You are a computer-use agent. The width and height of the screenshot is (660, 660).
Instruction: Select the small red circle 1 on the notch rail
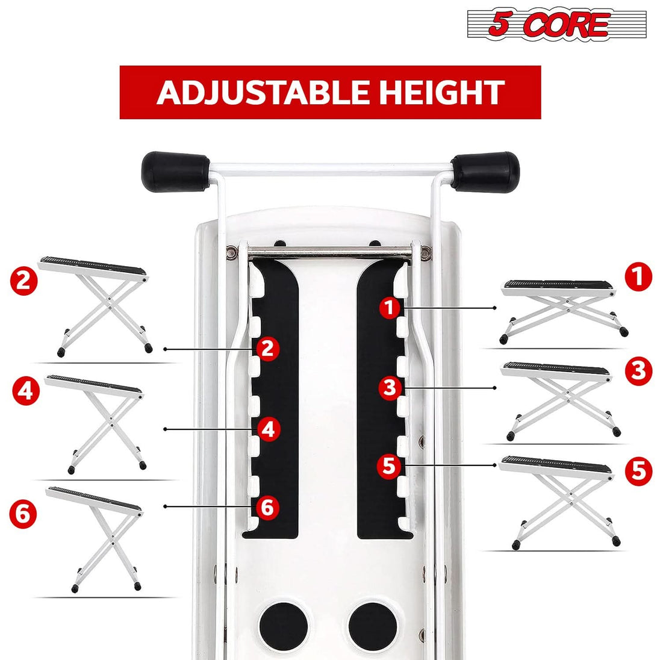[390, 307]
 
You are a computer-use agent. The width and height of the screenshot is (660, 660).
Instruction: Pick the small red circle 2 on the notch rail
[267, 349]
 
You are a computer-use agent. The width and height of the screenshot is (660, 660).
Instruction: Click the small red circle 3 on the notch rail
[390, 387]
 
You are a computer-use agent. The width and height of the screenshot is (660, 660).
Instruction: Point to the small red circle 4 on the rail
[268, 429]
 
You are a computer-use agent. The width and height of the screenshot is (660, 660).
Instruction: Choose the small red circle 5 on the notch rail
[389, 465]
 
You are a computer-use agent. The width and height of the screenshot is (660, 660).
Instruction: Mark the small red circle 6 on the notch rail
[267, 507]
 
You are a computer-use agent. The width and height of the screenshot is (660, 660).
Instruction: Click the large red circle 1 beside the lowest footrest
[638, 276]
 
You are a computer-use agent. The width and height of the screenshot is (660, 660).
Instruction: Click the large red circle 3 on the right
[638, 371]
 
